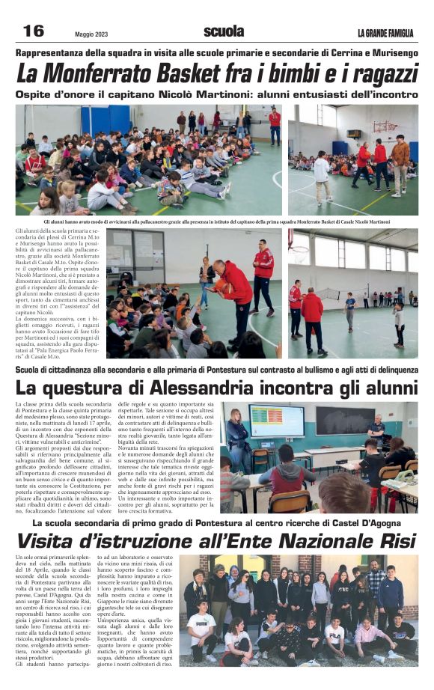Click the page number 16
34,31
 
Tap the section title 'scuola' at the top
223,31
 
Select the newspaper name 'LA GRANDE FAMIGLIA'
385,33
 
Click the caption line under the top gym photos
216,222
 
